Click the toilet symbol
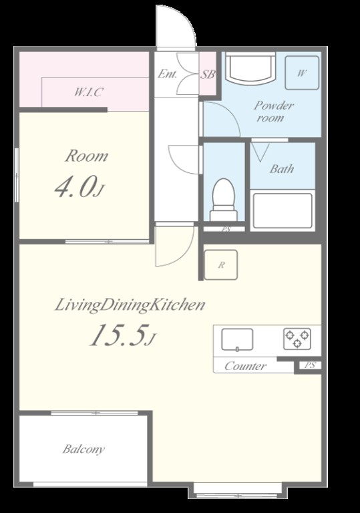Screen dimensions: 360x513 [224, 200]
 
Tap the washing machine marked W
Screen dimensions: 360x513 [302, 73]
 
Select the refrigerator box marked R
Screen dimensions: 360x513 [221, 265]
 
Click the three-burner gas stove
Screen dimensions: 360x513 [297, 339]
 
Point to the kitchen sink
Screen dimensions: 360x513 [237, 339]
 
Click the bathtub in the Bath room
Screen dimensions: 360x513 [283, 210]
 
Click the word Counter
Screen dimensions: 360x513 [246, 366]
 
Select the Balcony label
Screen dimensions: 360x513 [83, 449]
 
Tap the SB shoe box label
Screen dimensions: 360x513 [208, 75]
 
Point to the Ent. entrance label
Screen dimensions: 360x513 [167, 73]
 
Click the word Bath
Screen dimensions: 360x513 [282, 169]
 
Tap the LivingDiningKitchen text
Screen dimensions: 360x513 [130, 305]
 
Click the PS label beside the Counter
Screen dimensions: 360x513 [310, 365]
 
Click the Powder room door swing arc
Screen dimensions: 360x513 [230, 112]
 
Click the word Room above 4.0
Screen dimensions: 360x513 [86, 156]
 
